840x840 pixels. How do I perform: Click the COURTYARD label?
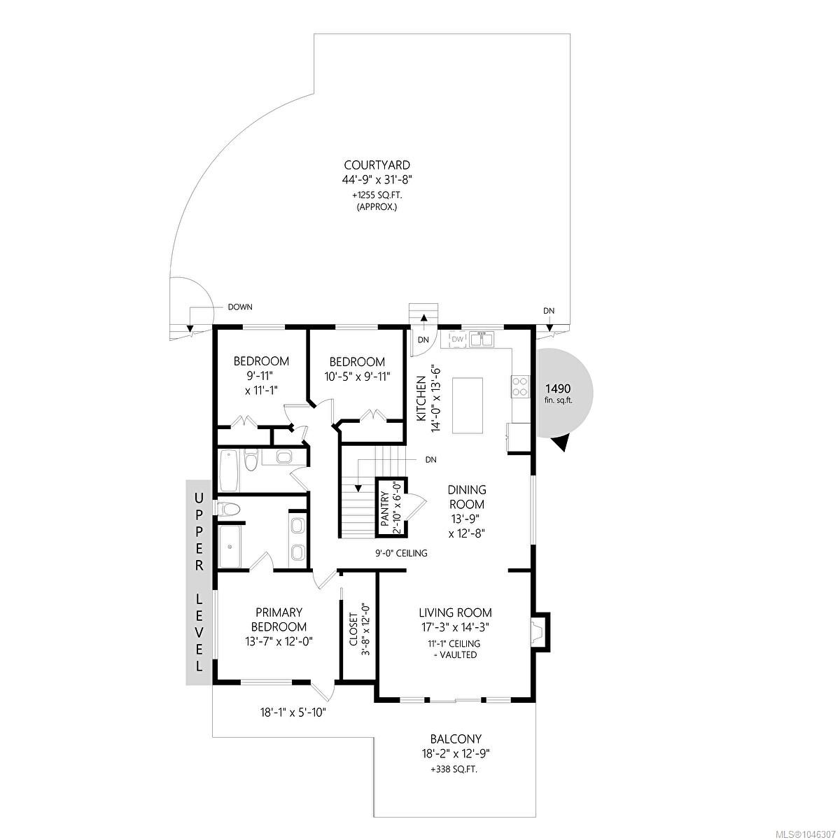pos(377,165)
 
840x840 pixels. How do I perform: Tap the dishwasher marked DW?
pos(457,339)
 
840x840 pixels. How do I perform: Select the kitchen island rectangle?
pos(468,405)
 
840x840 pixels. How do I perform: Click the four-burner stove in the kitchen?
pos(520,386)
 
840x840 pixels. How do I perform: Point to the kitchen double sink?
pos(481,339)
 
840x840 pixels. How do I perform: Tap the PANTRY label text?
pos(385,509)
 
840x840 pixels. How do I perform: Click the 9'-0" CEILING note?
pos(401,553)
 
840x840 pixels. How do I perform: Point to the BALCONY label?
pos(456,739)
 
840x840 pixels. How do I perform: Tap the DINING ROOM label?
pos(467,497)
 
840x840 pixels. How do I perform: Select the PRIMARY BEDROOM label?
pos(279,619)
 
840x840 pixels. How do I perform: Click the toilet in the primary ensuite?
pos(228,508)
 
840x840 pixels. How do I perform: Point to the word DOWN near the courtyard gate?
pos(240,307)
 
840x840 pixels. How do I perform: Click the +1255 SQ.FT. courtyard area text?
pos(377,196)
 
